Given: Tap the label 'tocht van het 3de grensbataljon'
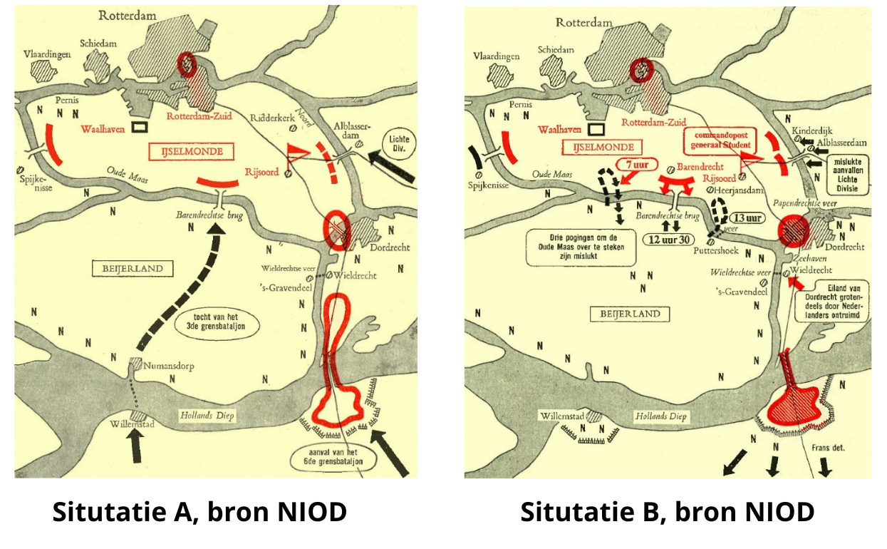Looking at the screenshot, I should point(218,322).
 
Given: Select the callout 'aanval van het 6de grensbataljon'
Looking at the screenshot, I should point(333,457).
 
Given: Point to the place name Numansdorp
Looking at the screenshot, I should point(170,367).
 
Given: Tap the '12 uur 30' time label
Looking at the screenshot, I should point(669,240).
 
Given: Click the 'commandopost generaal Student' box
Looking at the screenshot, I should point(719,140).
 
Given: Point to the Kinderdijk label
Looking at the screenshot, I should point(812,131).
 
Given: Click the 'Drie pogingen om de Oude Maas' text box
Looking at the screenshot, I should point(581,247).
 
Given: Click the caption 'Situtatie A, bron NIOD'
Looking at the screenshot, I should point(199,512).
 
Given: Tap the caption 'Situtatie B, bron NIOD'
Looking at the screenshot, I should point(667,512).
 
